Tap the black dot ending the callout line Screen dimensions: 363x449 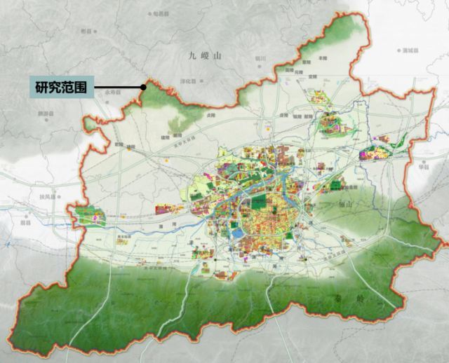pyautogui.click(x=143, y=88)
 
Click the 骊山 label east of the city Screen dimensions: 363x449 pyautogui.click(x=343, y=203)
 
